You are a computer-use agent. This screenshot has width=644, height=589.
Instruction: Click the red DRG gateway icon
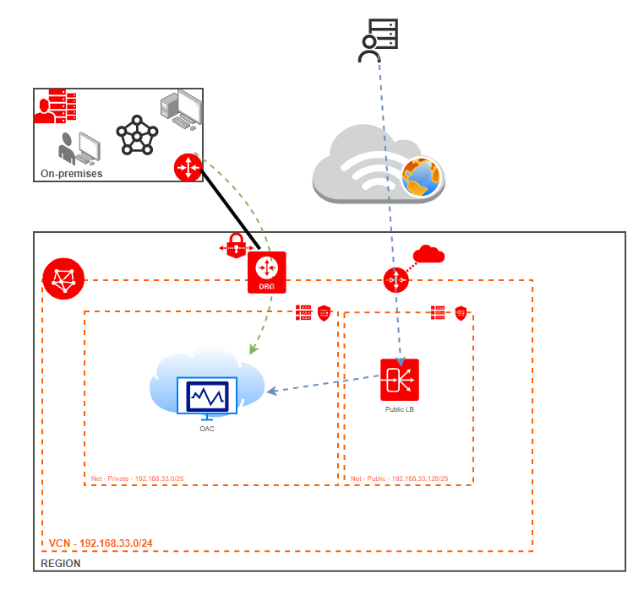click(x=267, y=272)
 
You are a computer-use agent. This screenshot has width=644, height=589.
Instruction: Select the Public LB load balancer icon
click(x=399, y=381)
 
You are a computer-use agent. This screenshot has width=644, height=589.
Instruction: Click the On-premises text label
click(x=72, y=174)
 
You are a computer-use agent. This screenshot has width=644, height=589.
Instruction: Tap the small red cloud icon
click(x=428, y=253)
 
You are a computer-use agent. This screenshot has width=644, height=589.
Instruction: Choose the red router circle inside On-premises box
click(x=188, y=167)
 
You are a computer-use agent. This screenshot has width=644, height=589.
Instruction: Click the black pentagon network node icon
click(x=137, y=134)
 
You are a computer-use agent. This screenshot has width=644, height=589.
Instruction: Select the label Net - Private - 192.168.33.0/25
click(x=138, y=478)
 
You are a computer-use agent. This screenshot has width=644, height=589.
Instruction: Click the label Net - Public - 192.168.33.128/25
click(x=399, y=478)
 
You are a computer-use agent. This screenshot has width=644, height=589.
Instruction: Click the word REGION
click(x=61, y=563)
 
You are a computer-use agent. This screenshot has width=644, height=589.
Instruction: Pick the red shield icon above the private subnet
click(x=323, y=314)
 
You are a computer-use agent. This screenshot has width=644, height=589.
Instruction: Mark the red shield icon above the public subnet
click(x=461, y=313)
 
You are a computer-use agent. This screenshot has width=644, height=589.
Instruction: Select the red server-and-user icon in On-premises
click(x=56, y=108)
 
